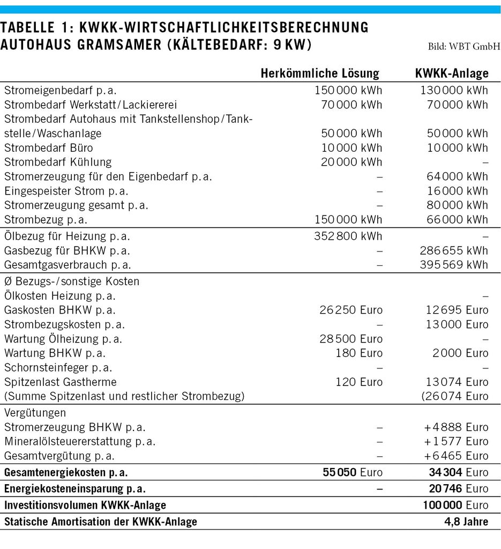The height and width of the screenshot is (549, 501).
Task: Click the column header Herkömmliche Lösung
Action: tap(319, 73)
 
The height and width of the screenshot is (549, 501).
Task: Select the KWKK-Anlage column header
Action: tap(452, 73)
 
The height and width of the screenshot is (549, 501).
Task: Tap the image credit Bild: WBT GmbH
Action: tap(464, 47)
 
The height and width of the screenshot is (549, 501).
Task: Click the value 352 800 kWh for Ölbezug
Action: tap(348, 236)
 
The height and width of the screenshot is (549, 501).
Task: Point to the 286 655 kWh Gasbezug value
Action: tap(454, 250)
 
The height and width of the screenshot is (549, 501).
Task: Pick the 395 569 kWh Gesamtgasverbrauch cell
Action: tap(454, 265)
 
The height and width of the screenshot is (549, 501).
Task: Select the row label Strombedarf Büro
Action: tap(49, 147)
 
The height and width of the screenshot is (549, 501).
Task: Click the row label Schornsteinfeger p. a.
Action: tap(58, 368)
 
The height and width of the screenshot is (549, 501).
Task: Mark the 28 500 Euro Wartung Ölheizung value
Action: tap(352, 339)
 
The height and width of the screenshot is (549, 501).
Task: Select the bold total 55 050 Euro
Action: tap(353, 472)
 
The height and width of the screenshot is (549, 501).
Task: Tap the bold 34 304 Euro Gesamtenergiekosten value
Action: tap(459, 472)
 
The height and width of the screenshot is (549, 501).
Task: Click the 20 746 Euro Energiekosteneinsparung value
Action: tap(459, 489)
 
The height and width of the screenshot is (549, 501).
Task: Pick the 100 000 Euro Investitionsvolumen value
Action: tap(456, 505)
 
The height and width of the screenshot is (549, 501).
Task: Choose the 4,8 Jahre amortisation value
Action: tap(464, 522)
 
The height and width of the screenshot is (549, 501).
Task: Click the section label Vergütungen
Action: tap(35, 413)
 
